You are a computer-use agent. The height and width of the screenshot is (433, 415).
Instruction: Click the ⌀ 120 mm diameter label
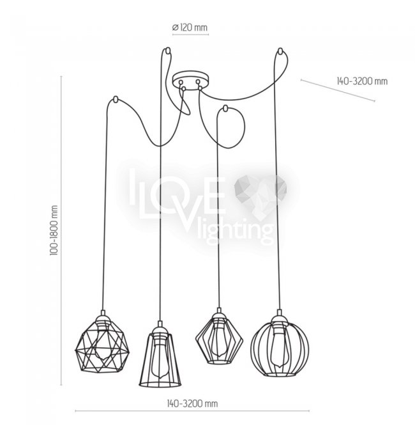pos(190,28)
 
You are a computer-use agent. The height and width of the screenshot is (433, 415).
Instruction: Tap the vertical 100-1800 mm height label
pos(54,230)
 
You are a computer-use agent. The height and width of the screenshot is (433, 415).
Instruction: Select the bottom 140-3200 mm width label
pos(192,404)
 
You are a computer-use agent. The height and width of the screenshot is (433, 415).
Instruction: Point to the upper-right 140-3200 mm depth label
pos(362,81)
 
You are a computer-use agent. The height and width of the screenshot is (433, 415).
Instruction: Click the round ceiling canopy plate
pos(190,79)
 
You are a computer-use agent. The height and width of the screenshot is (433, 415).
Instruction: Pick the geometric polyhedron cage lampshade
pos(103,345)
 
